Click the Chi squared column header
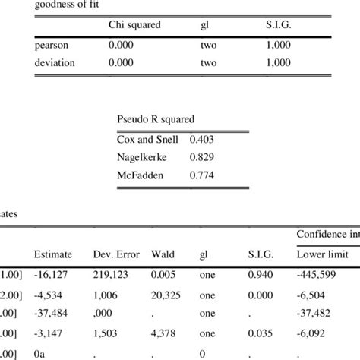click(134, 25)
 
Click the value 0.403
click(202, 139)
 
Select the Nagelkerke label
click(142, 157)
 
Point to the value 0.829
click(202, 157)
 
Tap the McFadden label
click(139, 175)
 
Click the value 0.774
click(202, 175)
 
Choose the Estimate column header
click(54, 254)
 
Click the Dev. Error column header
click(116, 254)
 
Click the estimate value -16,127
click(50, 276)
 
